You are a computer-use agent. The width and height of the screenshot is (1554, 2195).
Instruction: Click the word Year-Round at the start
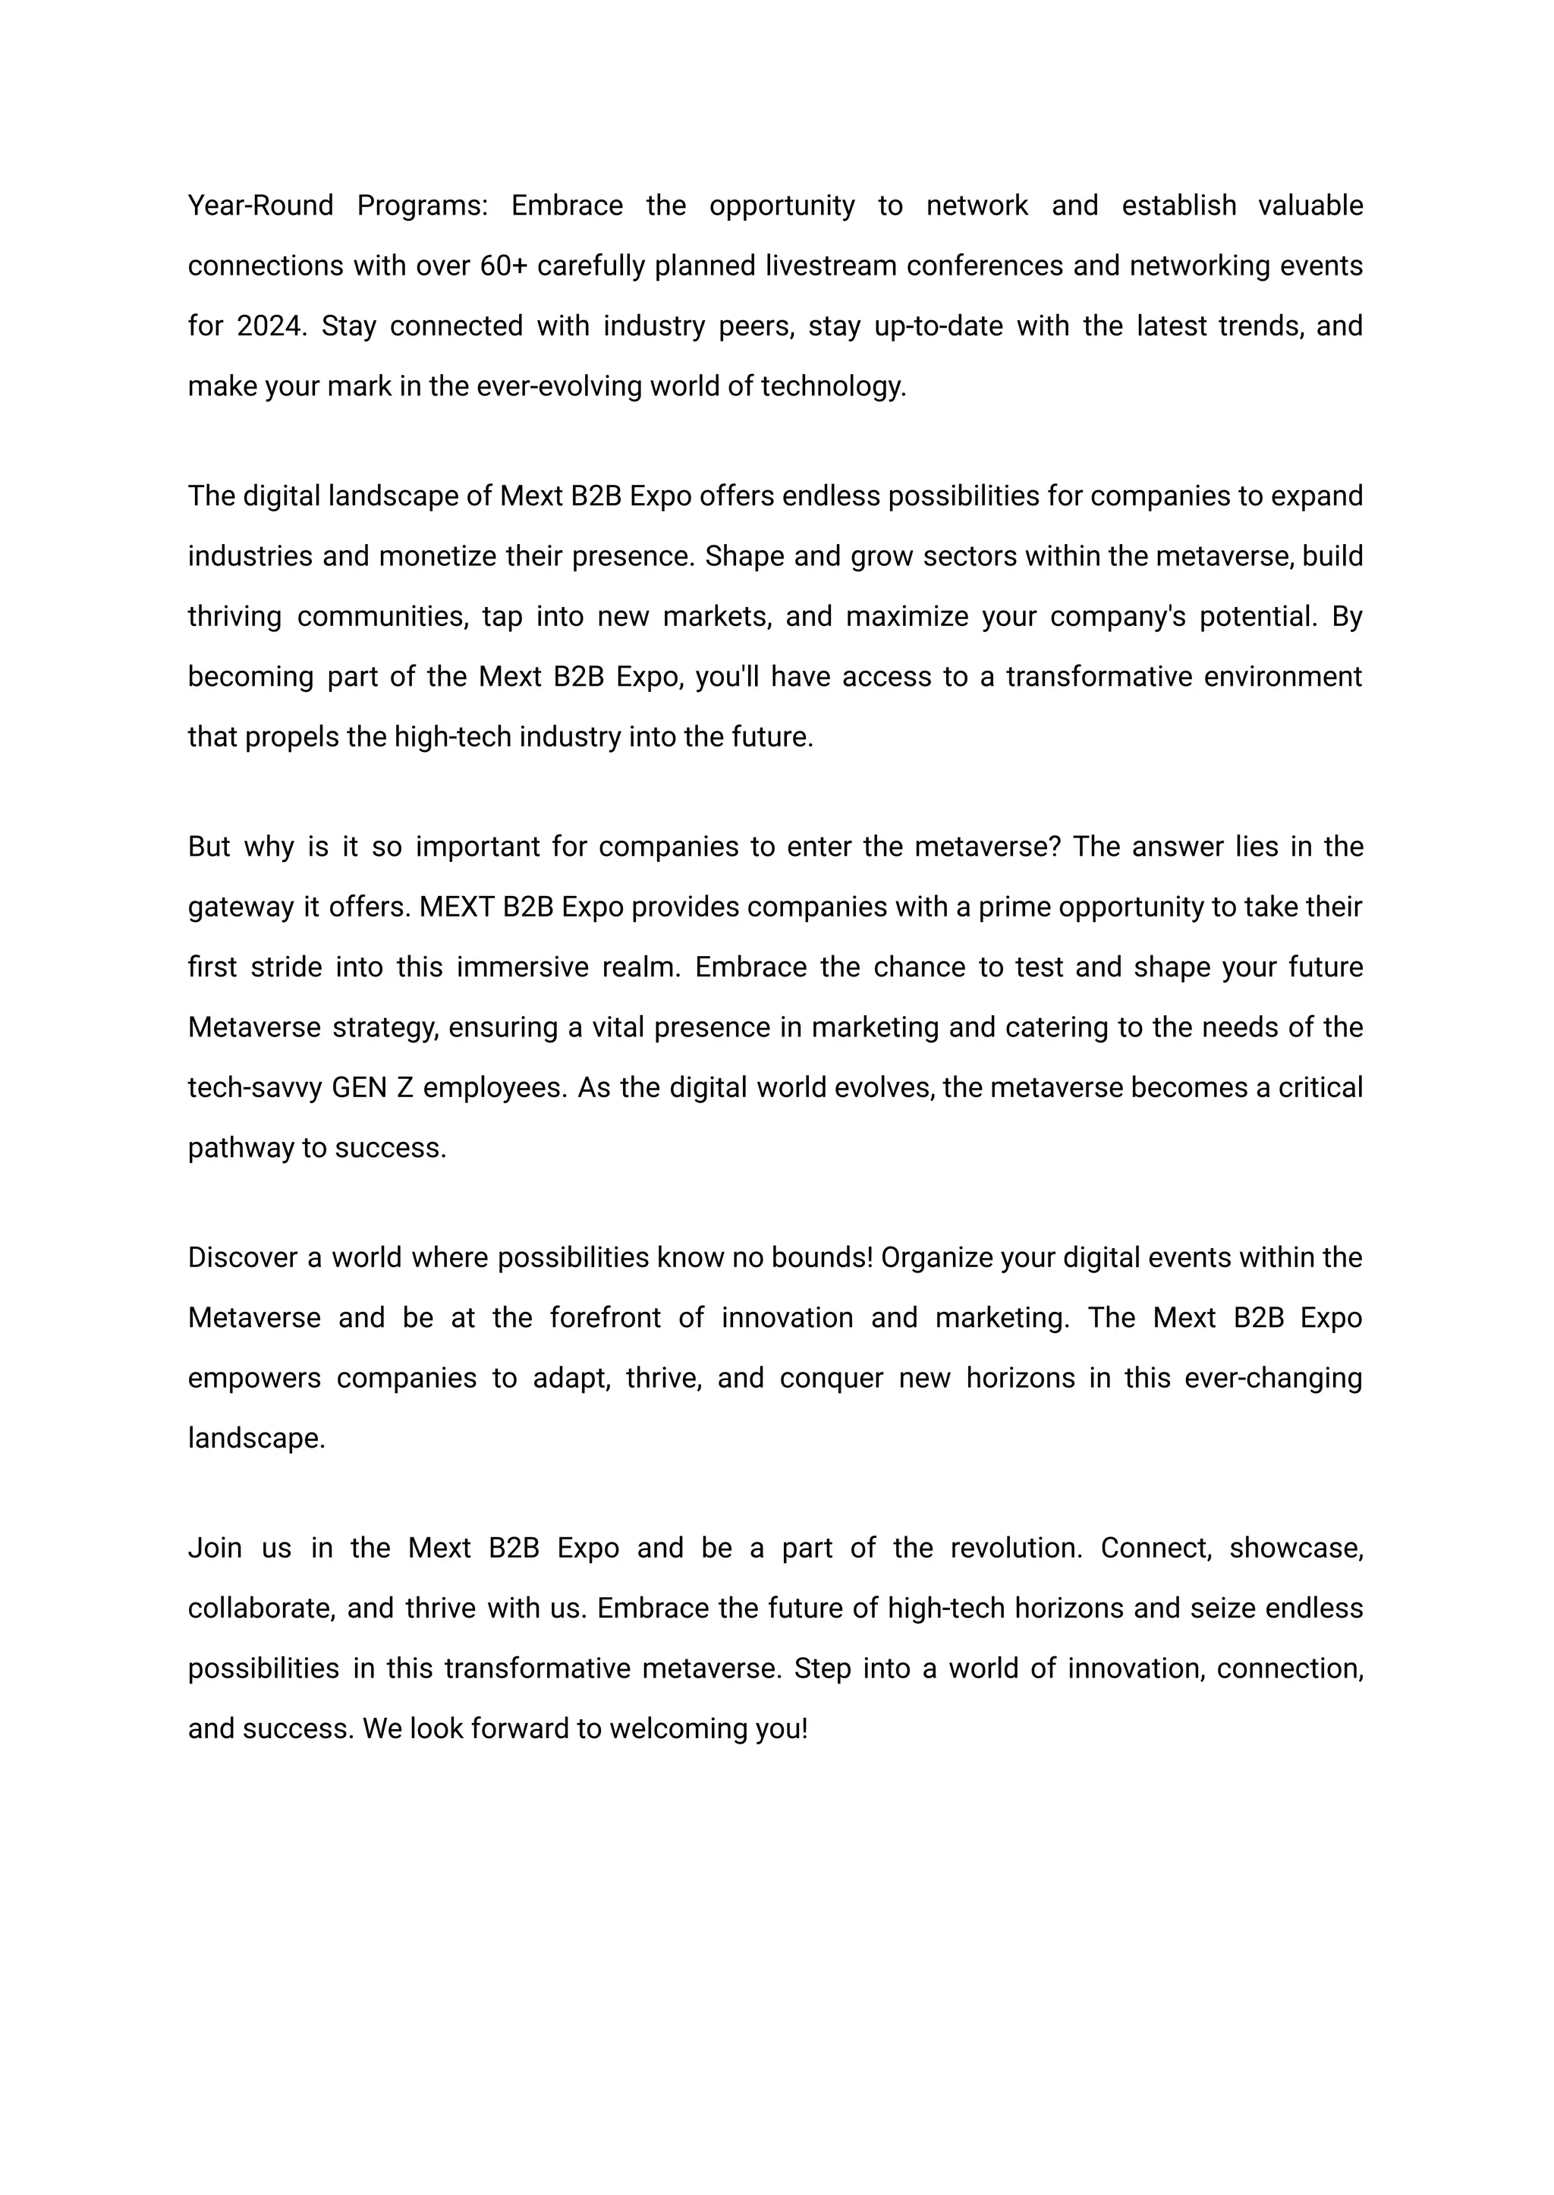[x=260, y=206]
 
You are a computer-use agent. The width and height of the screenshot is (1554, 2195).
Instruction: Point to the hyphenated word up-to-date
[x=938, y=326]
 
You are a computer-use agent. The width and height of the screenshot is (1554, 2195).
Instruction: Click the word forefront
[x=605, y=1319]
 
